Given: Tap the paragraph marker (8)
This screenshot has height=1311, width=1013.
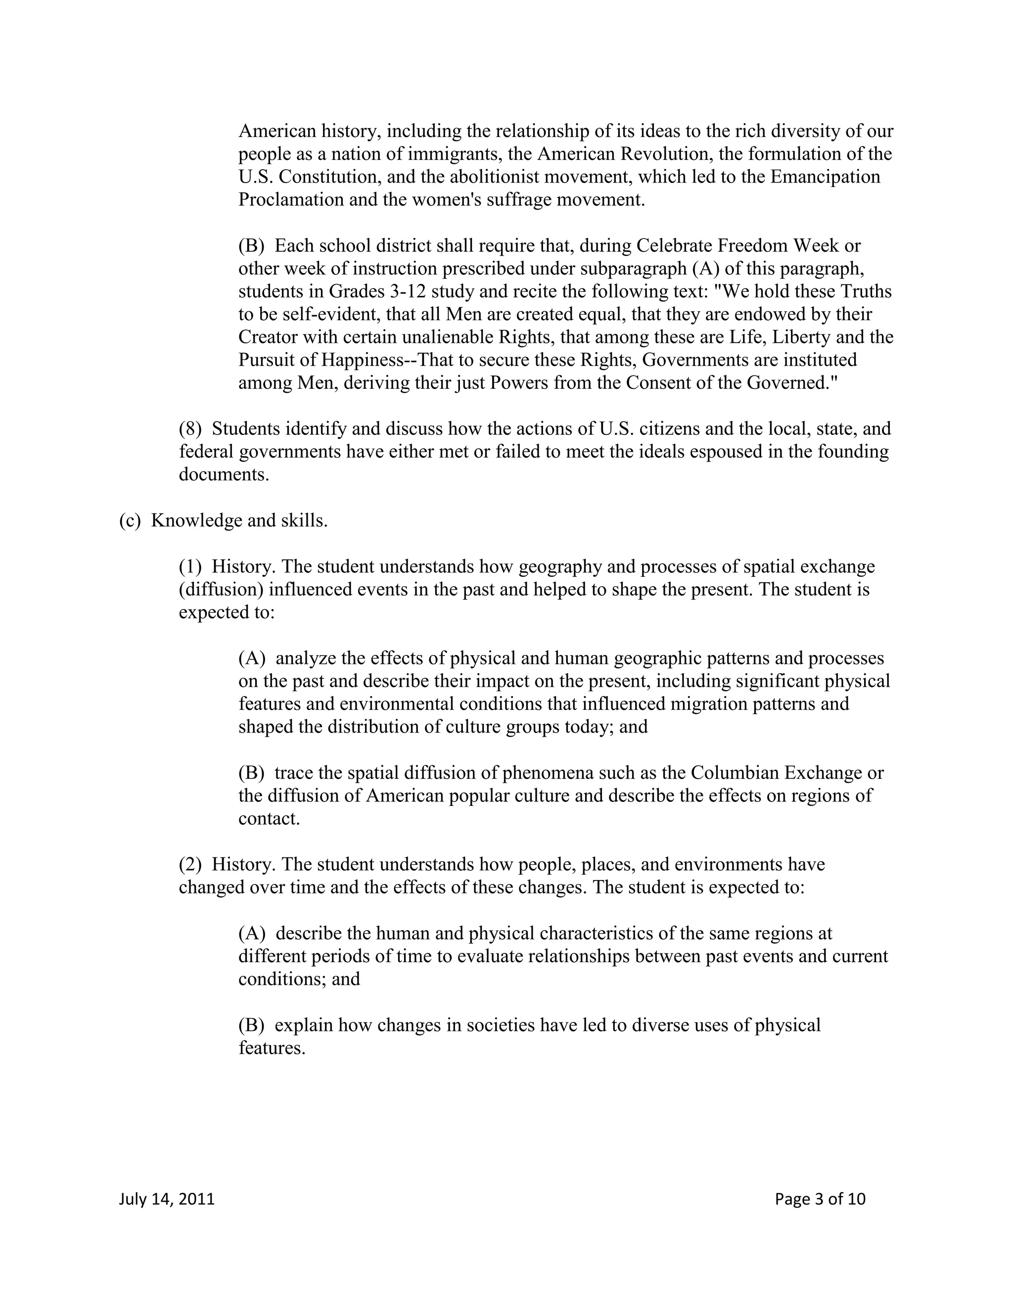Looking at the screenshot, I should point(190,429).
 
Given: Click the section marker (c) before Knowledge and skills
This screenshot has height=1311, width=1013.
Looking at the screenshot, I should point(129,520).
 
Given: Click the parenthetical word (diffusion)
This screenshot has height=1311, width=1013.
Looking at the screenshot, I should point(220,590).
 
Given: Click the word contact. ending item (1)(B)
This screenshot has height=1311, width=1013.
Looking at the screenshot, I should point(269,819).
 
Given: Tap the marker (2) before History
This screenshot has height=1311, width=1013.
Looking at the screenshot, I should point(190,864).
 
